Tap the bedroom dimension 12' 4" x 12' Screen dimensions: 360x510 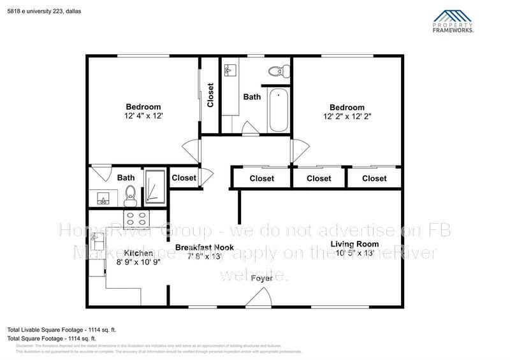click(143, 117)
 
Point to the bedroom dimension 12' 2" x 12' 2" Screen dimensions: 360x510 click(347, 117)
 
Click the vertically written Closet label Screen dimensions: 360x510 click(210, 95)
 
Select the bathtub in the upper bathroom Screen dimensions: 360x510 click(279, 110)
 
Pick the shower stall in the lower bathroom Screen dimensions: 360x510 click(154, 188)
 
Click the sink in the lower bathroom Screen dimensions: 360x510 click(102, 198)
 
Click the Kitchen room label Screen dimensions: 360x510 click(135, 253)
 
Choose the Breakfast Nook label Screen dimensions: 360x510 click(204, 247)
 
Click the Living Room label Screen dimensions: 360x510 click(354, 244)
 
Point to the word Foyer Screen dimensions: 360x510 click(261, 278)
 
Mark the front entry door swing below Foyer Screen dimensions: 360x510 click(259, 297)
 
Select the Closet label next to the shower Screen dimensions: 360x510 click(184, 178)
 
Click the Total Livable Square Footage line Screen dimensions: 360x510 click(61, 330)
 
